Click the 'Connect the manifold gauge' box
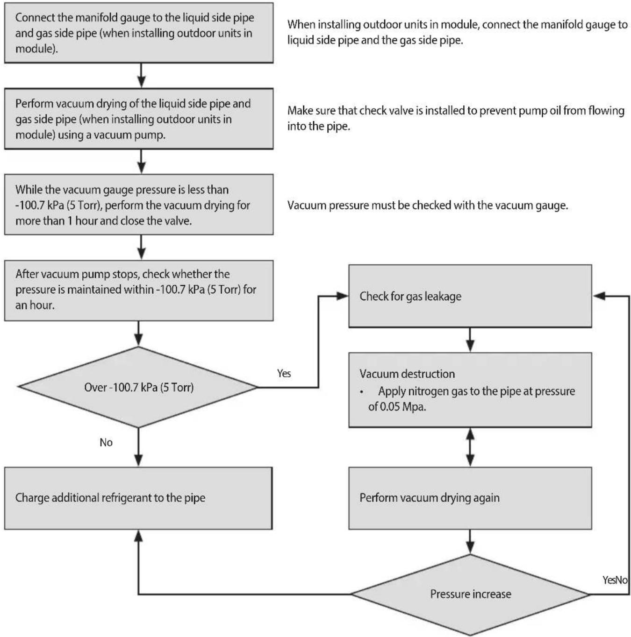pos(139,33)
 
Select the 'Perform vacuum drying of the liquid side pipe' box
pos(139,119)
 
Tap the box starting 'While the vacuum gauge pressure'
pos(139,205)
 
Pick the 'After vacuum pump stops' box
pos(139,290)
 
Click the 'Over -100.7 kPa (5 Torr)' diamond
pos(138,387)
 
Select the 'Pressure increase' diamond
pos(470,594)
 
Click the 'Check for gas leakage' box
pos(470,296)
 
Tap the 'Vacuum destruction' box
pos(470,390)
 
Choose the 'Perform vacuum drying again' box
pos(470,498)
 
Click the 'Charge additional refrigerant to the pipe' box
pos(138,498)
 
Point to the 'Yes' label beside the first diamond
pos(284,374)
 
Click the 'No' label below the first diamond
pos(106,442)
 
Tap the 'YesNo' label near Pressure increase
pos(615,580)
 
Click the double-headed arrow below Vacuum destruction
pos(470,447)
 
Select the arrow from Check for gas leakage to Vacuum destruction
pos(470,340)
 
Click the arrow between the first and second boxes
pos(141,75)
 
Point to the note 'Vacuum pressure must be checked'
pos(428,205)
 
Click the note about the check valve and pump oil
pos(456,118)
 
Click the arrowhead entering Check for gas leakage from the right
pos(599,296)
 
